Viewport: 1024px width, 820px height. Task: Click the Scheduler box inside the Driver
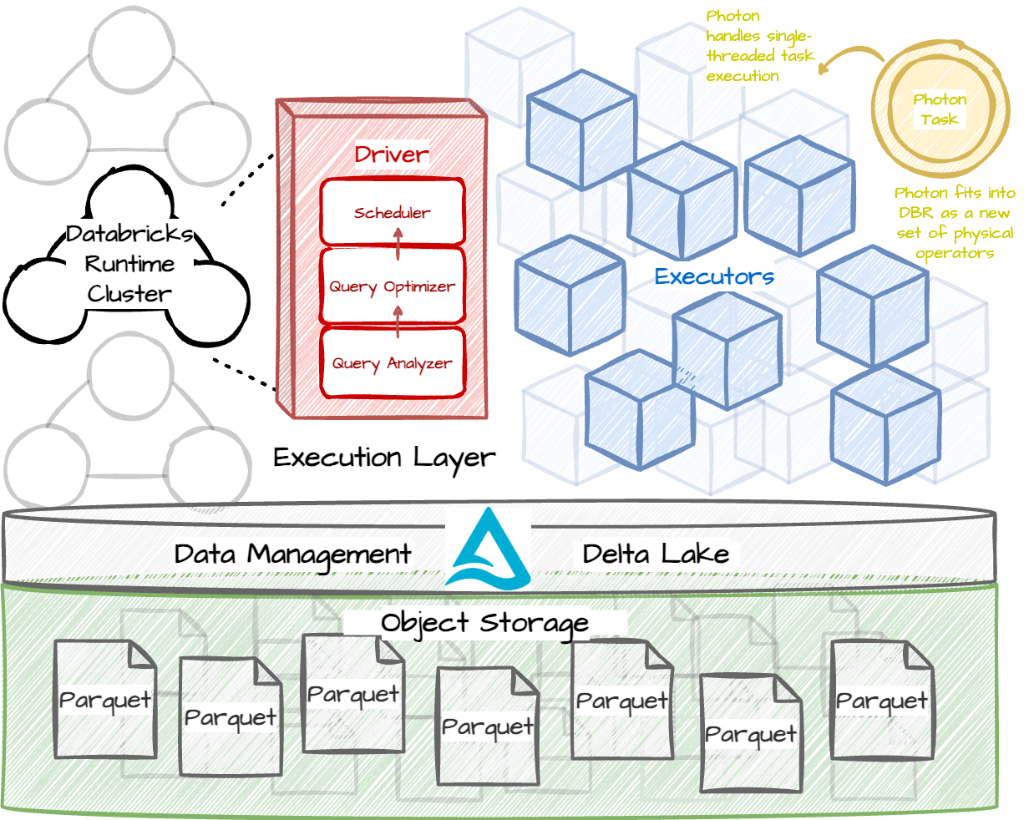point(392,212)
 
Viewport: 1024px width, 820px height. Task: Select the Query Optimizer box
point(392,286)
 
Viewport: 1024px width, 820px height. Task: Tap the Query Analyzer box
point(392,363)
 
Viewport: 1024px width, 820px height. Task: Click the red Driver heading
point(391,154)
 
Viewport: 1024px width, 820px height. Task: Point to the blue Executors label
point(714,276)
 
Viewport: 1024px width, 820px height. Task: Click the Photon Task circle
point(939,109)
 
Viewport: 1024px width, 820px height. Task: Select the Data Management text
point(292,554)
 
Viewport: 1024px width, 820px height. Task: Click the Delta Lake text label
point(656,554)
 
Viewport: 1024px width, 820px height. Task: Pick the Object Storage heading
point(484,623)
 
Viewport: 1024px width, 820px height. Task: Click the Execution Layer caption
point(384,458)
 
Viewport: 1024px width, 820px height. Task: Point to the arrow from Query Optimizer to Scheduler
point(398,243)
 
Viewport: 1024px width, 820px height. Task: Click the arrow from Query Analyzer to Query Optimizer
point(398,321)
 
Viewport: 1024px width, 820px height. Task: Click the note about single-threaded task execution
point(758,46)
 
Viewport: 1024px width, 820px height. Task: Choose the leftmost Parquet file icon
point(105,700)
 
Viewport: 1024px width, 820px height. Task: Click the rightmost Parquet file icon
point(882,701)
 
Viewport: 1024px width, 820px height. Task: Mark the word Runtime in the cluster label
point(129,265)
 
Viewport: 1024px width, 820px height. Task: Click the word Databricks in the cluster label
point(129,234)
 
